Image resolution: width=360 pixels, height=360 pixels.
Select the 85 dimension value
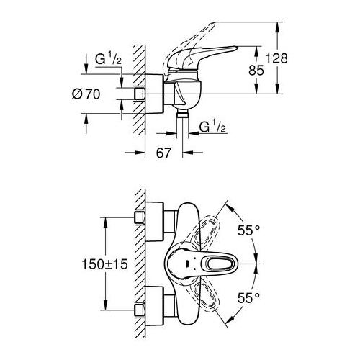pyautogui.click(x=268, y=71)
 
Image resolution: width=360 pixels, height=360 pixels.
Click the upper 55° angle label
pyautogui.click(x=247, y=230)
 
